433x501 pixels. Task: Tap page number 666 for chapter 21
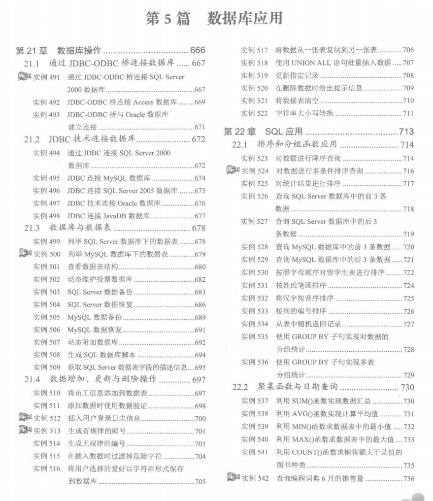pos(197,50)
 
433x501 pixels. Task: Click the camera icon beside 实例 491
pos(24,77)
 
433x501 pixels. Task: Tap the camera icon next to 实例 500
pos(24,254)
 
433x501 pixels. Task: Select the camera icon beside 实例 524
pos(233,171)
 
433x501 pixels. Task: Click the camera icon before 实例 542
pos(233,478)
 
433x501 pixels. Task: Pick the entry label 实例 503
pos(47,292)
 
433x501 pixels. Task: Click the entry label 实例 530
pos(254,273)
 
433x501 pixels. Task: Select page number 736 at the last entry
pos(408,479)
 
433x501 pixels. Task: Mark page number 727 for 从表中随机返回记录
pos(408,324)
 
